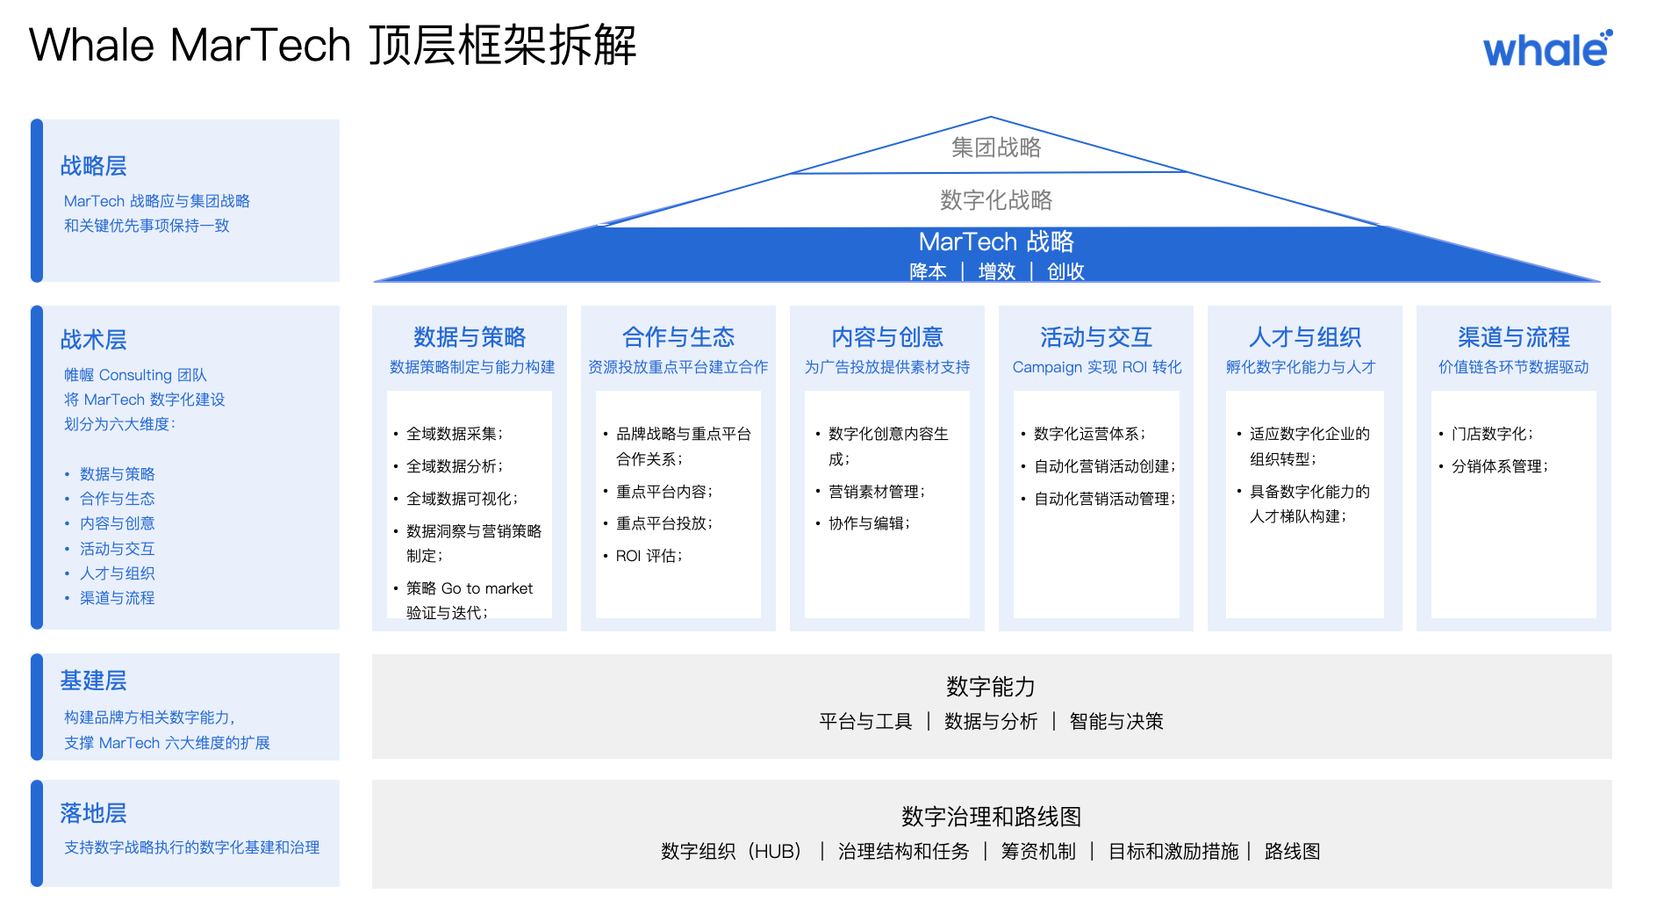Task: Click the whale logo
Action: coord(1547,49)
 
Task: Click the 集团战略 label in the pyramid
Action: coord(996,148)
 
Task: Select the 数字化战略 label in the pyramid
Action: coord(996,200)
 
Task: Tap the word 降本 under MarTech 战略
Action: coord(928,271)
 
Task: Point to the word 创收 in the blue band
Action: coord(1065,271)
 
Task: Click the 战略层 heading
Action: coord(93,166)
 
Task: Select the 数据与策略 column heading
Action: coord(470,337)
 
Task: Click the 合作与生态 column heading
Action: coord(678,337)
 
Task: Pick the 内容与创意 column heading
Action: coord(887,337)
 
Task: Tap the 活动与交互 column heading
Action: coord(1096,337)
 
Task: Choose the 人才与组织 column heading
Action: coord(1305,337)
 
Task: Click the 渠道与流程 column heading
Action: coord(1514,337)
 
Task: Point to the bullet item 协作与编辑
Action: coord(868,523)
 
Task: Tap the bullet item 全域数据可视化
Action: coord(461,499)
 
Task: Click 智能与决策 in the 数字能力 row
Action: coord(1116,722)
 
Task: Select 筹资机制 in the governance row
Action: coord(1038,852)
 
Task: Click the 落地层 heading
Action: coord(93,813)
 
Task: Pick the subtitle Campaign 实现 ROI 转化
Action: coord(1097,367)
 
